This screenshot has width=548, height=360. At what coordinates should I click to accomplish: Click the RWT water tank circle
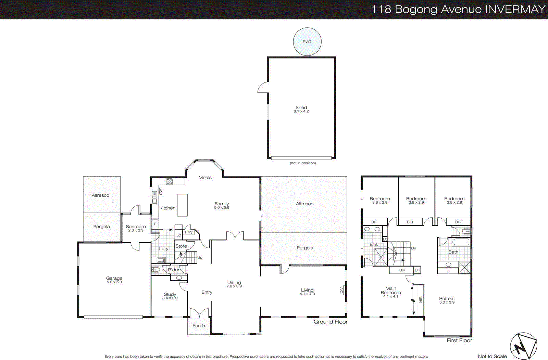point(307,41)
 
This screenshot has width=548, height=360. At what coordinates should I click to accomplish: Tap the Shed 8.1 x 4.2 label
point(301,109)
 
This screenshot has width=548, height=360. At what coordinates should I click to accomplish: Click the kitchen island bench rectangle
point(182,205)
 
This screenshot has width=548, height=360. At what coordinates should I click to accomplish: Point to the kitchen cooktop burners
point(169,181)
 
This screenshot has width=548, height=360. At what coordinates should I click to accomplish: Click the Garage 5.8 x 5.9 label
point(114,280)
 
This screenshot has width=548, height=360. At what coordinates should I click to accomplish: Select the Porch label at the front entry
point(199,325)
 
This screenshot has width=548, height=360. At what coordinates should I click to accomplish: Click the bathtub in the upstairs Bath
point(461,242)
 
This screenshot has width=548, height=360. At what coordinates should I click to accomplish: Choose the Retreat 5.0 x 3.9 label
point(447,300)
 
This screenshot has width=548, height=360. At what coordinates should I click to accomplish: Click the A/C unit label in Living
point(341,290)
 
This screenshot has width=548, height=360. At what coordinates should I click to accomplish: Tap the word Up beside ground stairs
point(200,257)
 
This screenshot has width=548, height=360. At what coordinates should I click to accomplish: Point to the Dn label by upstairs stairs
point(413,248)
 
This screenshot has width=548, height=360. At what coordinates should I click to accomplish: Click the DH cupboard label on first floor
point(417,270)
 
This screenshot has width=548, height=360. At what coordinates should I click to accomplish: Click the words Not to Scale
point(492,356)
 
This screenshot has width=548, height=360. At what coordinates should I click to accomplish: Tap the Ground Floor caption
point(330,322)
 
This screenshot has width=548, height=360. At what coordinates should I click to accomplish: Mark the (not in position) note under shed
point(303,163)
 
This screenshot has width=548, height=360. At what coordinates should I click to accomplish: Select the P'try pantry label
point(188,232)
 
